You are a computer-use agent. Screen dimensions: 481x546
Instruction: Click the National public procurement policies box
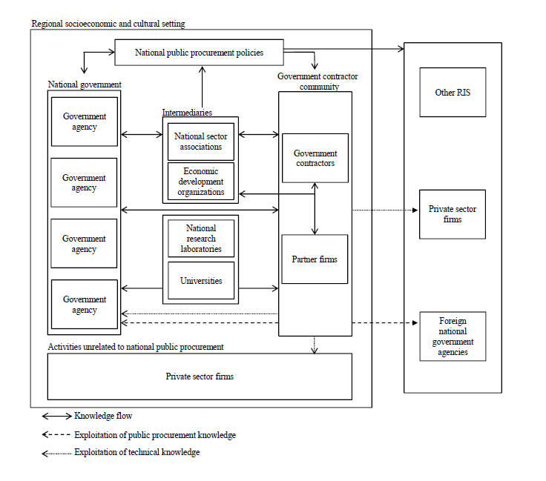click(199, 53)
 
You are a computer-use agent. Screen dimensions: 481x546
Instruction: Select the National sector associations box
click(200, 142)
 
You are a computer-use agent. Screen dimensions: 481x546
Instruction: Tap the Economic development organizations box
click(200, 182)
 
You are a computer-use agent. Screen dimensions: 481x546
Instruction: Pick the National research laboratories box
click(200, 239)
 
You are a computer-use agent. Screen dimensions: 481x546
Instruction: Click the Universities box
click(200, 281)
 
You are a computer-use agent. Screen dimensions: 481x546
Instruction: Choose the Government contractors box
click(315, 158)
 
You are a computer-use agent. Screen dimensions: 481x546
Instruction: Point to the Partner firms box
click(315, 259)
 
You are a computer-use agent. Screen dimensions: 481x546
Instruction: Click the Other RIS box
click(453, 93)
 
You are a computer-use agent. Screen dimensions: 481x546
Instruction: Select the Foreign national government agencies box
click(453, 336)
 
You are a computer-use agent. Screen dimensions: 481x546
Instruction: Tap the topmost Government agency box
click(84, 122)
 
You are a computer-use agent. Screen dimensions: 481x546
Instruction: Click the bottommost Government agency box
click(84, 305)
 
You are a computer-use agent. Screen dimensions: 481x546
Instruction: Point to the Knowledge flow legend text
click(103, 417)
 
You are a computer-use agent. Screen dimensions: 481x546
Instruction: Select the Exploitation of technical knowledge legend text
click(136, 452)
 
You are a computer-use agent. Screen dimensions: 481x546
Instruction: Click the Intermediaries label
click(187, 113)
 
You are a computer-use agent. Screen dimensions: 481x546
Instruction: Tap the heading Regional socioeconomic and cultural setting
click(108, 24)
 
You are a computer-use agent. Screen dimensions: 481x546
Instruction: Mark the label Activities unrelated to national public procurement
click(136, 347)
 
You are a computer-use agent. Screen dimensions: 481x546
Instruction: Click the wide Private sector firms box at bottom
click(199, 376)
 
